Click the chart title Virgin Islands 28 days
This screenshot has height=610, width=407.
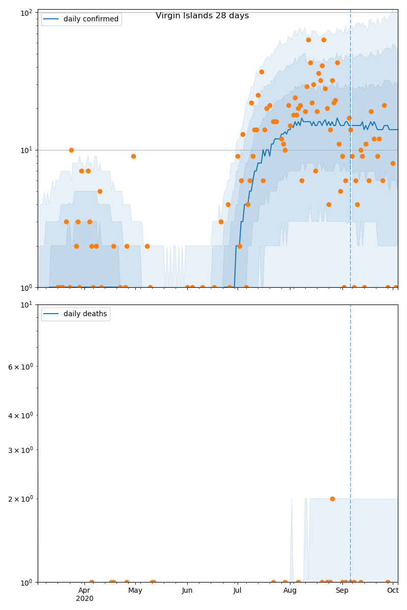(202, 16)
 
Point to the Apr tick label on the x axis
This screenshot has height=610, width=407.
(84, 590)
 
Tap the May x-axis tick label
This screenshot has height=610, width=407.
(135, 590)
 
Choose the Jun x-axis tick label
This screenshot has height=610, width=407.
(187, 590)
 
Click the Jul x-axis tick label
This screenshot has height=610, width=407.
(237, 590)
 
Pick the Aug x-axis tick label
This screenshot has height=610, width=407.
(290, 590)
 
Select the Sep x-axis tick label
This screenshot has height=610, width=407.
(342, 590)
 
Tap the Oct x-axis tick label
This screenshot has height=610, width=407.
(392, 590)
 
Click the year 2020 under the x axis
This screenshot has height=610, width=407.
(84, 598)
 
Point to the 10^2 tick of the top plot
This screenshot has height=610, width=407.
(26, 12)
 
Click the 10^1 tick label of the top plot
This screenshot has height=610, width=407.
(26, 150)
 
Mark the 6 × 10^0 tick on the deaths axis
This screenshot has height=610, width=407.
(20, 366)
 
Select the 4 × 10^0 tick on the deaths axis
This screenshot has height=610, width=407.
(20, 415)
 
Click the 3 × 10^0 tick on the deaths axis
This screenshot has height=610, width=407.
(20, 450)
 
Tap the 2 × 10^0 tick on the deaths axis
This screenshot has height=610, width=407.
(20, 499)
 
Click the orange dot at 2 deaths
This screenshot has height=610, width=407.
(332, 499)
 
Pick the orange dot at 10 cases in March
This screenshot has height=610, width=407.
(71, 150)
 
